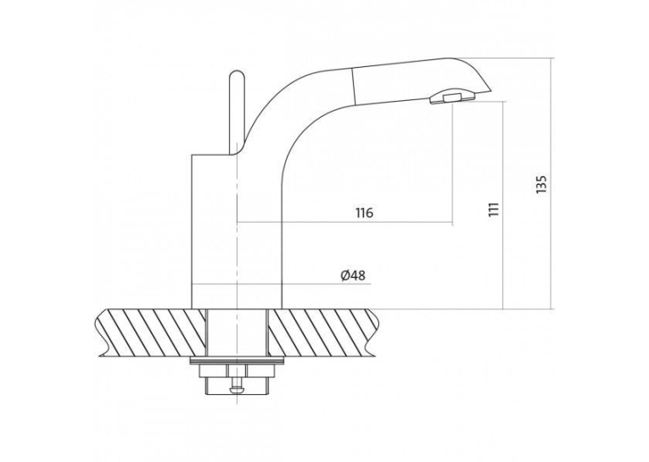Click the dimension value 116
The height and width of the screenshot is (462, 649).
tap(364, 213)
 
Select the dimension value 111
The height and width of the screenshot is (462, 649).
tap(494, 209)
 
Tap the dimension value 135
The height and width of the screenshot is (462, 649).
tap(541, 185)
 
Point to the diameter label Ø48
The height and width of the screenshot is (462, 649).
tap(353, 275)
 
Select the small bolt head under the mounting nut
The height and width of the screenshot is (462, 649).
tap(237, 389)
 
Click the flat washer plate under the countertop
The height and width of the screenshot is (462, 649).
tap(237, 361)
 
